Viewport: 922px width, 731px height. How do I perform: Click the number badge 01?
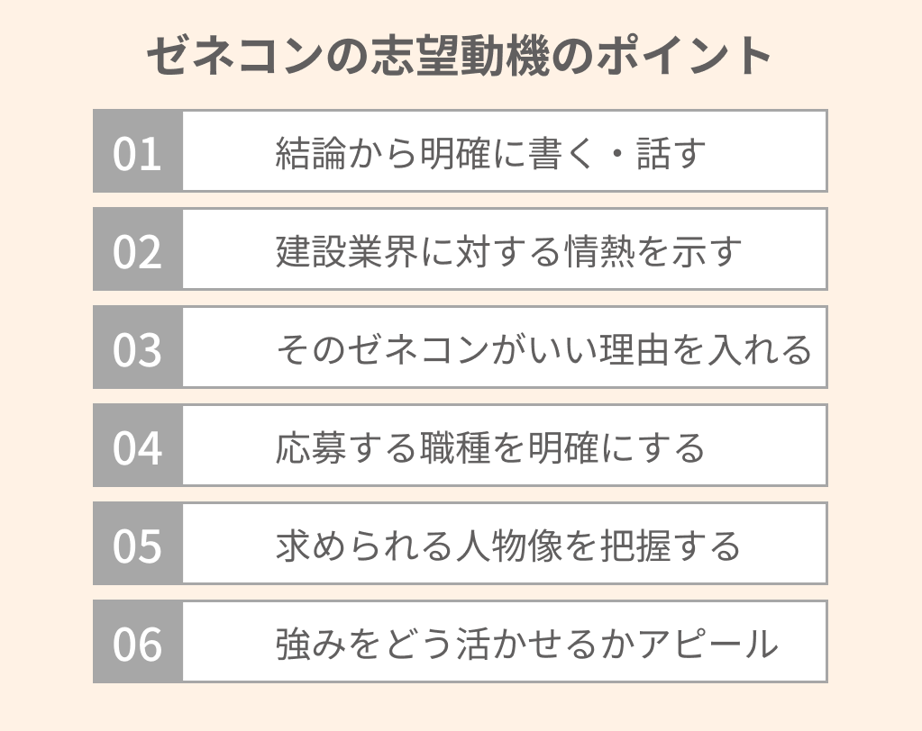pos(138,151)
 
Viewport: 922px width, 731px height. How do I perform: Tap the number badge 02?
pos(138,249)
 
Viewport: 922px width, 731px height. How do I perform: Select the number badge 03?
pos(138,347)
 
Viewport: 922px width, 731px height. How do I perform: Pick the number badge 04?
pos(138,445)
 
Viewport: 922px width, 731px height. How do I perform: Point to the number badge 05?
pos(138,543)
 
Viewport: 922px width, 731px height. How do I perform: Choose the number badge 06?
pos(138,641)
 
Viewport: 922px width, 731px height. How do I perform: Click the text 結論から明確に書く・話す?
pos(490,153)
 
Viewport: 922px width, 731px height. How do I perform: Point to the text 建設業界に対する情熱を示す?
pos(508,250)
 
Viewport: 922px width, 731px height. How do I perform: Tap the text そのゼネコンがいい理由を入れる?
pos(543,349)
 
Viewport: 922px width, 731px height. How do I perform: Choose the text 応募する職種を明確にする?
pos(489,447)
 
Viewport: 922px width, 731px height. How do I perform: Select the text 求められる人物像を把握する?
pos(508,546)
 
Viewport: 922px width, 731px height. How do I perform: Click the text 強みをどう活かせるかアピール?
pos(527,644)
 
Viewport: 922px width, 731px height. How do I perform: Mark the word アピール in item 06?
pos(707,644)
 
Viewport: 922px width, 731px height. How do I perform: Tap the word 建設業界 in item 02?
pos(347,250)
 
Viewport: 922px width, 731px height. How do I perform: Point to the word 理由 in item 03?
pos(634,349)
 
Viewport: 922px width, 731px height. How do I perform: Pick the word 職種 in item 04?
pos(454,447)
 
